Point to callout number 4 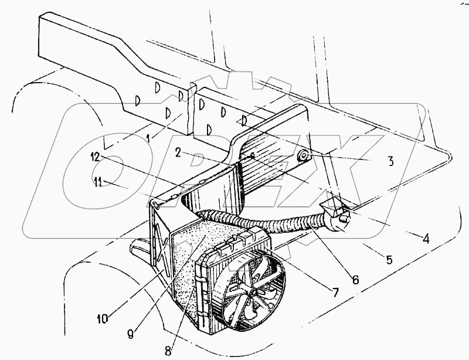click(426, 239)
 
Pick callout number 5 click(390, 259)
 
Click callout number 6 click(355, 280)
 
